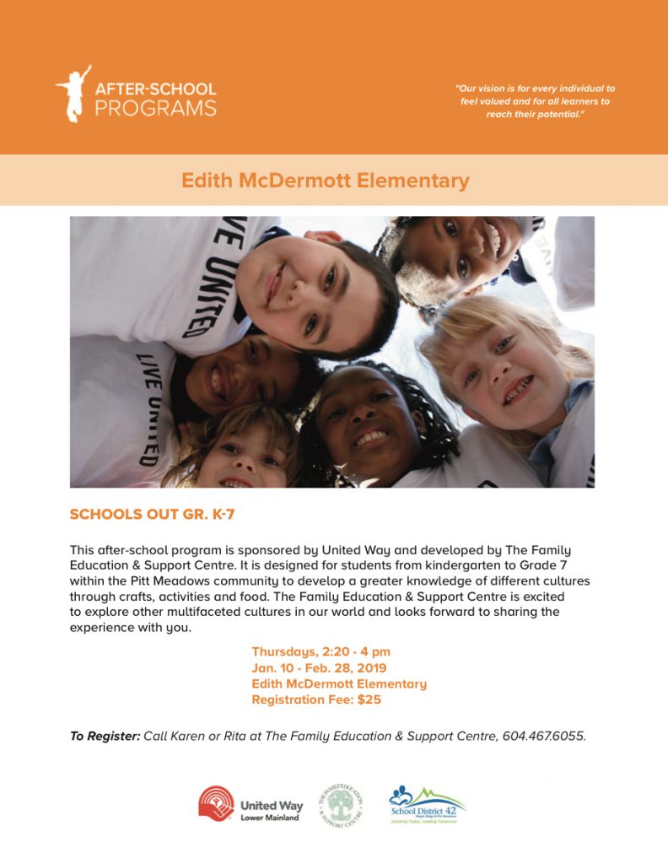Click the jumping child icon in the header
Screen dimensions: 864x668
(x=73, y=92)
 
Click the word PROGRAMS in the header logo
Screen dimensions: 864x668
(x=155, y=108)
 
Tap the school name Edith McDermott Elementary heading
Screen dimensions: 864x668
(x=326, y=181)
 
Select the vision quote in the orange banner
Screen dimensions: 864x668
(x=536, y=100)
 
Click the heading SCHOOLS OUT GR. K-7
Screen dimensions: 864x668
(x=152, y=514)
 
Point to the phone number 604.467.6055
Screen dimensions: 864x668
(x=543, y=736)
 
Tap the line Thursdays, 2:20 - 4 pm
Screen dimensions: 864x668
(x=321, y=651)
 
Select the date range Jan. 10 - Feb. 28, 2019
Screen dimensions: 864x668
(x=319, y=667)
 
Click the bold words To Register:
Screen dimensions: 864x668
(x=105, y=736)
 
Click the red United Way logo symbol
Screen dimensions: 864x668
(x=216, y=803)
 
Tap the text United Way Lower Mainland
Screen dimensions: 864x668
(x=269, y=810)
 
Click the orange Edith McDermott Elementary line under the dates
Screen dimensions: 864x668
(x=339, y=683)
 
